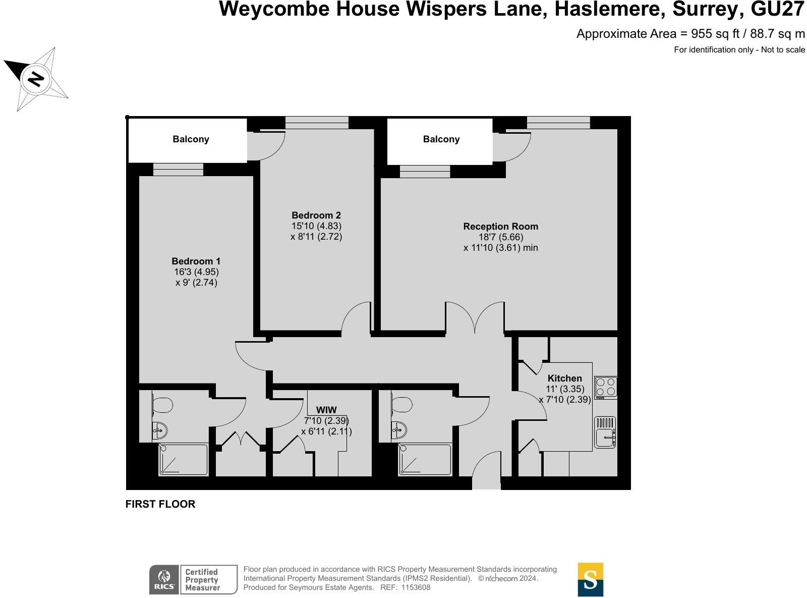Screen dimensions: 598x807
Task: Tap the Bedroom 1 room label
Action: point(196,261)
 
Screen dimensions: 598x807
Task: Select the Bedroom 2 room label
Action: point(316,215)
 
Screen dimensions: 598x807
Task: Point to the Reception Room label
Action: point(500,227)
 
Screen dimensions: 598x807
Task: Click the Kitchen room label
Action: point(564,378)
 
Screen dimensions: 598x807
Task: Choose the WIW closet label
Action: point(326,410)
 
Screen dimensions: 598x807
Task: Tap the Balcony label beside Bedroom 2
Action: point(191,139)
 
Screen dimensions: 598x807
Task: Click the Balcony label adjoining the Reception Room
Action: point(441,139)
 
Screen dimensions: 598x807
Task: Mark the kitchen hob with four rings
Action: point(606,387)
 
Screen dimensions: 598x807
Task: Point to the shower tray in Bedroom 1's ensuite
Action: point(183,459)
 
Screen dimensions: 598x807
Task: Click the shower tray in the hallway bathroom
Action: point(424,459)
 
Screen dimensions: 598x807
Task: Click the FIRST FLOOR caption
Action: point(160,504)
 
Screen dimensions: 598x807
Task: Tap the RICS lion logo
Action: point(164,579)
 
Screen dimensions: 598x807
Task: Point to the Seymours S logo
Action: point(590,579)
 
